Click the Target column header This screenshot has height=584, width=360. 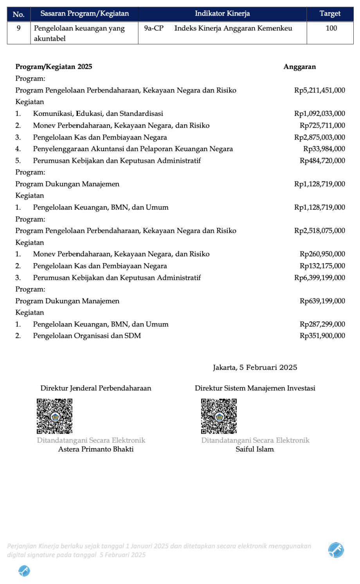[x=330, y=14]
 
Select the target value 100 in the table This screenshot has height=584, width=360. [x=331, y=28]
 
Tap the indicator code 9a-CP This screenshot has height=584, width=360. [x=153, y=28]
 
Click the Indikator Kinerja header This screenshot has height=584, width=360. [x=222, y=14]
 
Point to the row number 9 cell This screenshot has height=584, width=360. [x=18, y=28]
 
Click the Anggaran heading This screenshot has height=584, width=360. [x=299, y=67]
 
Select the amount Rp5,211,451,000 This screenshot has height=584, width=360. [x=319, y=90]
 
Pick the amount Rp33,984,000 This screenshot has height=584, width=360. [x=324, y=149]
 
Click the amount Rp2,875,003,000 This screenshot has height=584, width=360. [x=319, y=137]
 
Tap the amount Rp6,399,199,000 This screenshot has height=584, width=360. [x=319, y=278]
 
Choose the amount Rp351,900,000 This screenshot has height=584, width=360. [x=322, y=335]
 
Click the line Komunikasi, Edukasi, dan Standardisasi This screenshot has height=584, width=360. [x=98, y=114]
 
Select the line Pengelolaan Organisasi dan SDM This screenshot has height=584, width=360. [x=87, y=335]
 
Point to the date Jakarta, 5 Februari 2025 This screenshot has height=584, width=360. [x=255, y=368]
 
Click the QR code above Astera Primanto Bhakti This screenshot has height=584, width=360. [x=55, y=416]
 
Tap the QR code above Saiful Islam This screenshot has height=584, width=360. [x=219, y=416]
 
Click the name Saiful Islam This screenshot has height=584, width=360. [x=255, y=449]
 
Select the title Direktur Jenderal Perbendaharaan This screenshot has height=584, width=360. [x=96, y=388]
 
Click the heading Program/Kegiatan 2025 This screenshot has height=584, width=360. [x=54, y=67]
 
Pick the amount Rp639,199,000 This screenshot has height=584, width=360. [x=322, y=301]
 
